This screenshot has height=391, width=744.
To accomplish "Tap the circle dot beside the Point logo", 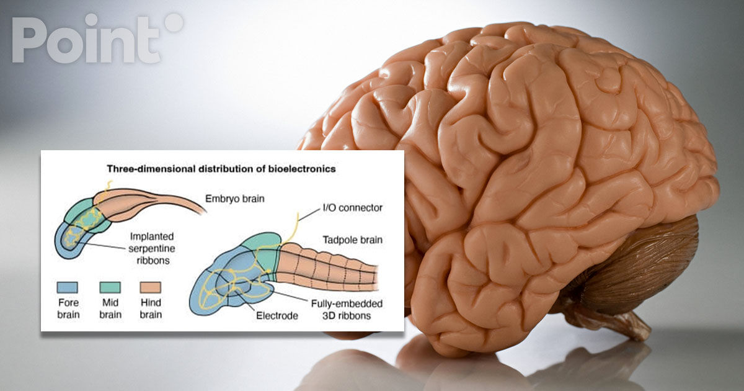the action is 174,22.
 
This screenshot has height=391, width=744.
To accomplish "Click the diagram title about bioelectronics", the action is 221,169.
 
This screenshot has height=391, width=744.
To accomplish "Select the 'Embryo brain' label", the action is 235,199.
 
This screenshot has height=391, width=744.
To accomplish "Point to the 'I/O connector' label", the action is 353,208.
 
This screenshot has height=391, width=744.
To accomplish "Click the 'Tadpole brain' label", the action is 353,240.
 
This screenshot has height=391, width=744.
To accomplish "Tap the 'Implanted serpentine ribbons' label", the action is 152,248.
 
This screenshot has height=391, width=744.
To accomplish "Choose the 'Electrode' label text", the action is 277,315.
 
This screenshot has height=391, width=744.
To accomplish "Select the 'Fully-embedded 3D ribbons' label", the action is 347,310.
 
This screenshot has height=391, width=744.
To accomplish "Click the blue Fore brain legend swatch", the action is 68,287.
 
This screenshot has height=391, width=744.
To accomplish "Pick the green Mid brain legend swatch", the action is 110,287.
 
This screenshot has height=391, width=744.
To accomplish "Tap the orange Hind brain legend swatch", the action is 151,287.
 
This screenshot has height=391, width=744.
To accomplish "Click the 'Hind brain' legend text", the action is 151,308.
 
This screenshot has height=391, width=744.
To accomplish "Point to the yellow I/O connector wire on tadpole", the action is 293,230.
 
